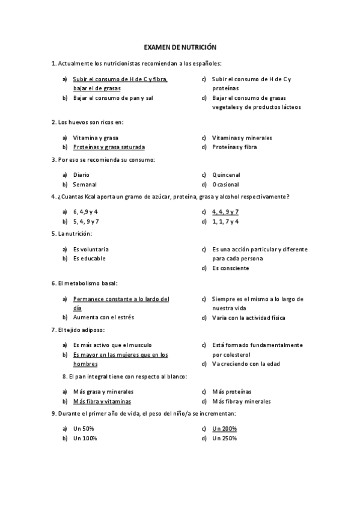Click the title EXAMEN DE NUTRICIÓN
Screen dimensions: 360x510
(180, 47)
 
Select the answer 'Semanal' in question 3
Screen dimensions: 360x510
(85, 185)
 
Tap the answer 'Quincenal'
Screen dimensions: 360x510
(226, 175)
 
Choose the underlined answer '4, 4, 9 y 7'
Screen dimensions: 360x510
(225, 212)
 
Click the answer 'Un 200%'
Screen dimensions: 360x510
(224, 429)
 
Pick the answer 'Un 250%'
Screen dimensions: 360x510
(224, 438)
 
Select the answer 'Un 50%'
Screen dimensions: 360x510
(84, 429)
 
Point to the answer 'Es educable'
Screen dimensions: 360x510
(90, 259)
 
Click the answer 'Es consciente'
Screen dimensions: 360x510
(230, 268)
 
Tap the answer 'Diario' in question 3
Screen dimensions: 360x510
(81, 175)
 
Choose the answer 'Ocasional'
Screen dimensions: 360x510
(225, 185)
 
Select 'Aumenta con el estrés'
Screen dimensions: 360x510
(103, 318)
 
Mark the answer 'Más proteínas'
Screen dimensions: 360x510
(231, 392)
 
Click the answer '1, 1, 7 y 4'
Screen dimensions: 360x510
(225, 221)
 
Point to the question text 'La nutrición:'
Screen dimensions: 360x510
(75, 233)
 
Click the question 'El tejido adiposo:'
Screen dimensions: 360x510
(81, 330)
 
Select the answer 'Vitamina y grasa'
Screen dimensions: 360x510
(96, 138)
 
